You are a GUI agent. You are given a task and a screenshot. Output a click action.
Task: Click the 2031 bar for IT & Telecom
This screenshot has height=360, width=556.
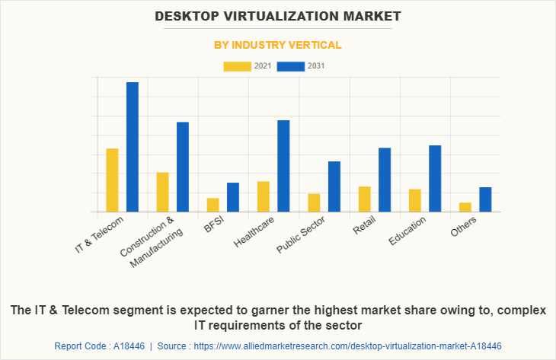click(x=133, y=147)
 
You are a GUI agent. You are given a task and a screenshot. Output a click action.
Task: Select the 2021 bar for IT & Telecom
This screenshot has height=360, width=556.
click(x=112, y=180)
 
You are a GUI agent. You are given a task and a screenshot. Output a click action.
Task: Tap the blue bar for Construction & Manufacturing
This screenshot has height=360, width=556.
click(x=183, y=167)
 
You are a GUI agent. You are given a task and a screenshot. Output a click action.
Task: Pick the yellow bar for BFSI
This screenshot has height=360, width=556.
click(x=213, y=205)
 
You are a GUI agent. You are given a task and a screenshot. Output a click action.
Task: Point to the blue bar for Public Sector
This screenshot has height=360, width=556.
click(x=334, y=186)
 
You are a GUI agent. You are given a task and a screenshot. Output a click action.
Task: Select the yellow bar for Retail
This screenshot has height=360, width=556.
click(x=365, y=199)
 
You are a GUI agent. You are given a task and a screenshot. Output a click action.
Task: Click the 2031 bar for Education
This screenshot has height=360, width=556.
click(x=435, y=178)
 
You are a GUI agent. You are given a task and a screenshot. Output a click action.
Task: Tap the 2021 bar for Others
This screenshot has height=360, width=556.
click(x=465, y=207)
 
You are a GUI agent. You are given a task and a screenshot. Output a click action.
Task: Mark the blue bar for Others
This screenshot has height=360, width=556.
click(x=485, y=199)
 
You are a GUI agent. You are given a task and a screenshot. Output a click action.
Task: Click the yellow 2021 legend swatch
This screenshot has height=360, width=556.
click(x=238, y=66)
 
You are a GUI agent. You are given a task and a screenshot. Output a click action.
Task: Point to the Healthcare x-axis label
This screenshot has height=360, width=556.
click(x=254, y=232)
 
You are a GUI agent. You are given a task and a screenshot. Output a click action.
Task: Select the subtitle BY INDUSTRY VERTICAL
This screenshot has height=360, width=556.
click(x=277, y=46)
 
